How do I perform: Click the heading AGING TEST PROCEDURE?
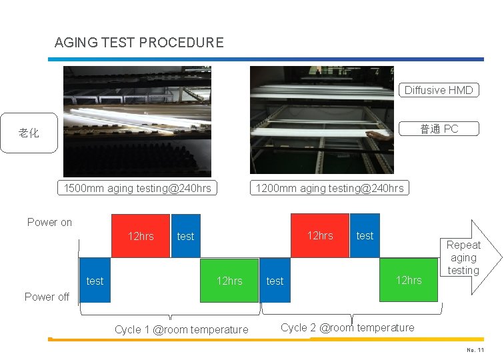(x=139, y=43)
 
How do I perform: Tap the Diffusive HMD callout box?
(x=439, y=90)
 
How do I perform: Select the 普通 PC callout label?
(x=439, y=129)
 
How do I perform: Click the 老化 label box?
(x=29, y=133)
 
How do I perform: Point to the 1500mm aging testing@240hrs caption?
(x=137, y=188)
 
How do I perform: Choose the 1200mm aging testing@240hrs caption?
(x=330, y=188)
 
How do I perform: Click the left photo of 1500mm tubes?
(x=137, y=121)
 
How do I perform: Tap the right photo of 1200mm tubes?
(x=321, y=120)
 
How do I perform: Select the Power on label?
(x=49, y=222)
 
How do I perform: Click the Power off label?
(x=47, y=297)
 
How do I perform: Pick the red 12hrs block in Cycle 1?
(x=141, y=235)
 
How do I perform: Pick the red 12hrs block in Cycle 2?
(x=319, y=235)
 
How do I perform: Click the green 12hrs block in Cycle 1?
(x=229, y=281)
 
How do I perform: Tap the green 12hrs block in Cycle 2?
(x=409, y=280)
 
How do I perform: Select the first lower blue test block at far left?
(x=95, y=281)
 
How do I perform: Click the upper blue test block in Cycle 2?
(x=365, y=235)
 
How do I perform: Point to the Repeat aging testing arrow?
(x=471, y=257)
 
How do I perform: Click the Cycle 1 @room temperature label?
(x=181, y=329)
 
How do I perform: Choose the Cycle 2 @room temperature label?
(x=347, y=327)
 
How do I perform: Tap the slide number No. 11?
(x=475, y=351)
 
